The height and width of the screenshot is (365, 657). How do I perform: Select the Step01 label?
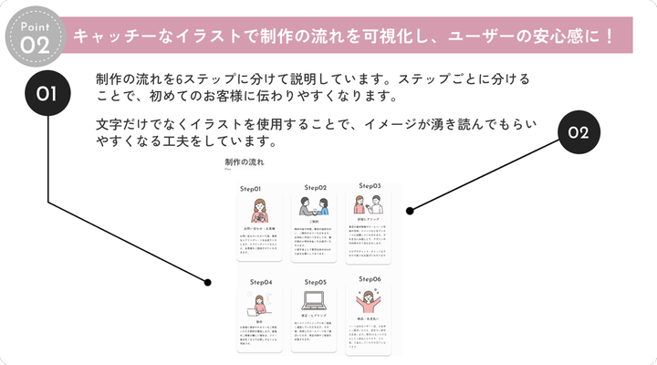pyautogui.click(x=253, y=188)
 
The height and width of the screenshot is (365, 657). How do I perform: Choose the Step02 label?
pyautogui.click(x=309, y=187)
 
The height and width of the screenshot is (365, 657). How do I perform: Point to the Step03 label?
pyautogui.click(x=369, y=185)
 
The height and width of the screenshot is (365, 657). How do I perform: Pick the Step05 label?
pyautogui.click(x=315, y=282)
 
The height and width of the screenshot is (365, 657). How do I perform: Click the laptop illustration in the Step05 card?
pyautogui.click(x=314, y=302)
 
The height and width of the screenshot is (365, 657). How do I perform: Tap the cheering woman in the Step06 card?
pyautogui.click(x=370, y=300)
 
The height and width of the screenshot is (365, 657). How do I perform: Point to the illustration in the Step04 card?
pyautogui.click(x=258, y=302)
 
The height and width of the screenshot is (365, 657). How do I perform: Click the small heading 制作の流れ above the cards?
pyautogui.click(x=244, y=162)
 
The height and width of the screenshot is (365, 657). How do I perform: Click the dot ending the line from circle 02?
pyautogui.click(x=411, y=211)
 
